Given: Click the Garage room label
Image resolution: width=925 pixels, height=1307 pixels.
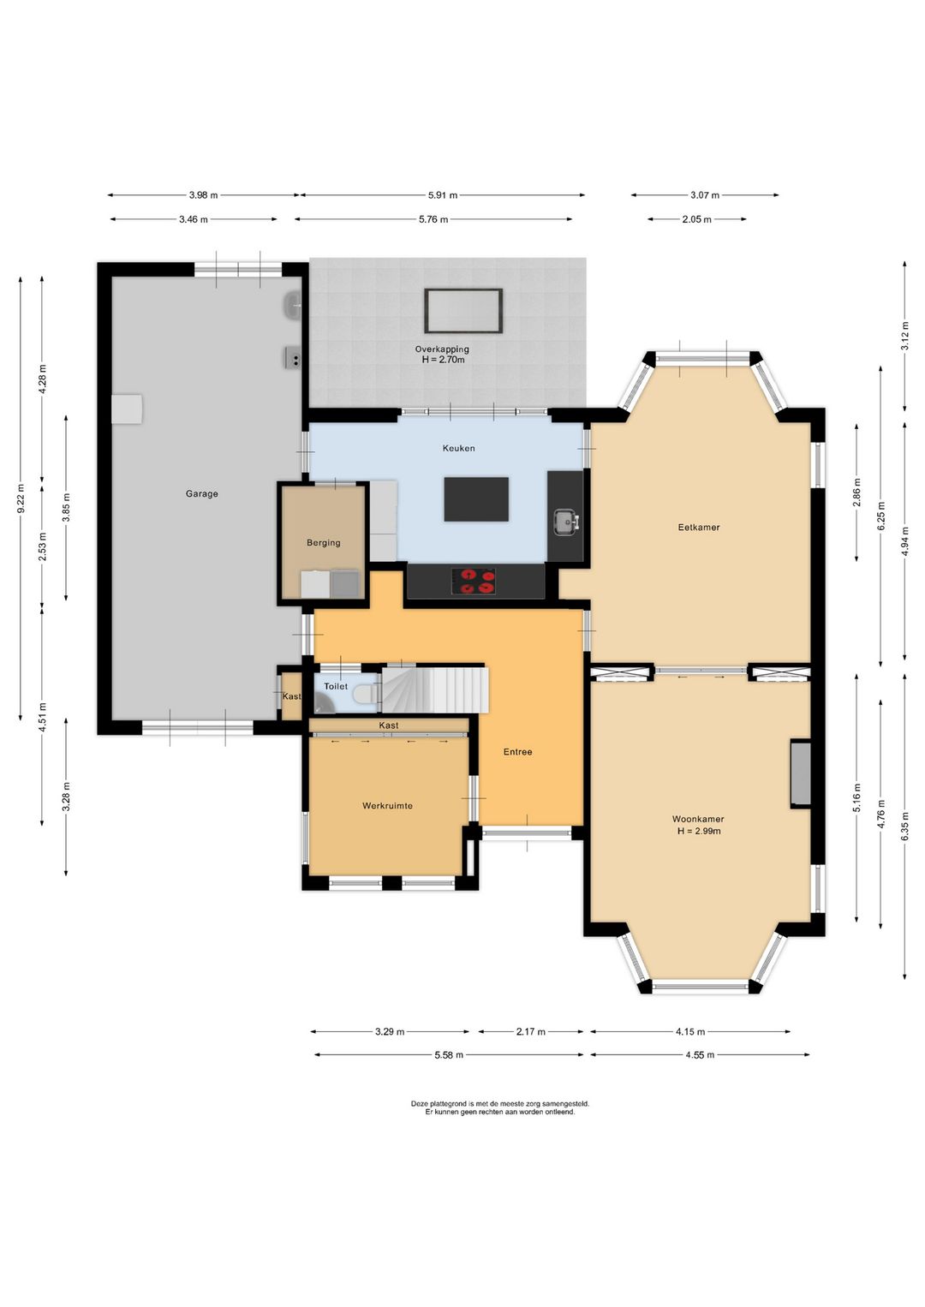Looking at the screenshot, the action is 202,493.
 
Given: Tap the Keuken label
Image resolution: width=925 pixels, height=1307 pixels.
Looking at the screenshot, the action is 458,448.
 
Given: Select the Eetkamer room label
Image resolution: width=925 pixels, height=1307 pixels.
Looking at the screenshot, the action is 699,527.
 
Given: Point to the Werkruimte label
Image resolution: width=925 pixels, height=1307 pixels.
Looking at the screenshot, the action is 387,806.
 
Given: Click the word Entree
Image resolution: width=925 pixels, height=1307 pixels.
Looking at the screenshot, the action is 517,752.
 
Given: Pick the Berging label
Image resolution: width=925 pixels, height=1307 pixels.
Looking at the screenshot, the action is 323,543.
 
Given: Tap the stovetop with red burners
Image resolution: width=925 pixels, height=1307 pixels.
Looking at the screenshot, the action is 474,582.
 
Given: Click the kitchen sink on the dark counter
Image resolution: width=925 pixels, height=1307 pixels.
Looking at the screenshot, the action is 566,522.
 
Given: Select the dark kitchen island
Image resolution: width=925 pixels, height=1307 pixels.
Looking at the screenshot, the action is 476,498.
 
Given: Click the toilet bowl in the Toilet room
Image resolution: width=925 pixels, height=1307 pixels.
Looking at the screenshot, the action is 365,694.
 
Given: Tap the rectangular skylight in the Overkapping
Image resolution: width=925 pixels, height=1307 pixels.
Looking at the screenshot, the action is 463,311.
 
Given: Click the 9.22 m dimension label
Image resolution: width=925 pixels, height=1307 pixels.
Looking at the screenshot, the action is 21,498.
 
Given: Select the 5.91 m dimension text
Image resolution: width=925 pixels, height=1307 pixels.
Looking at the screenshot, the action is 442,195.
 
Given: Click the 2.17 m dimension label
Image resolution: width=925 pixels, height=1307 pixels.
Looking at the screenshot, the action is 530,1031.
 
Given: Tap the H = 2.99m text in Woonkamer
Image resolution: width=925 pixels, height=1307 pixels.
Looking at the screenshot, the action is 699,831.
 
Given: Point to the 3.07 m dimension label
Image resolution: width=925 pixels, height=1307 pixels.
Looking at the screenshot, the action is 704,195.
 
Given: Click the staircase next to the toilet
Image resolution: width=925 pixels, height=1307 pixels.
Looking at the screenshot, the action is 435,690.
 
